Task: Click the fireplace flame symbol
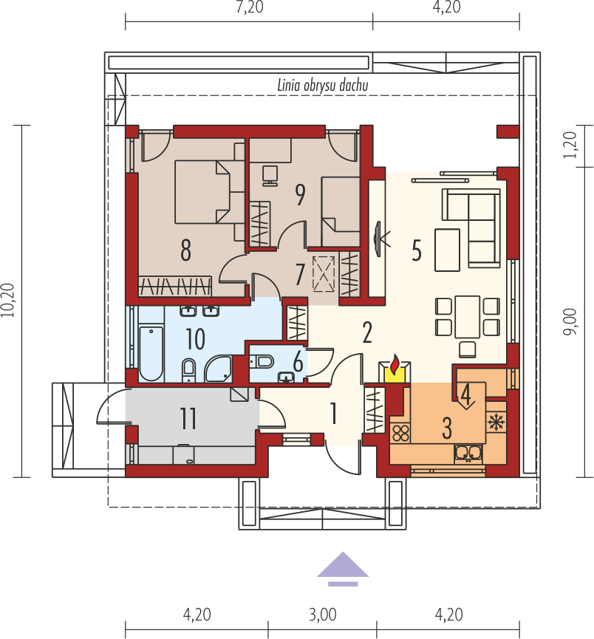tap(395, 365)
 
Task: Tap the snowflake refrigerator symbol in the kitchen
tap(496, 423)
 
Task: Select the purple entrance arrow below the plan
tap(343, 569)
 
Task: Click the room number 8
tap(185, 250)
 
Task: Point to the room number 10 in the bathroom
tap(195, 338)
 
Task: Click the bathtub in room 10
tap(151, 353)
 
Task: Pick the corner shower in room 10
tap(218, 369)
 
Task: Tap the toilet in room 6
tap(261, 361)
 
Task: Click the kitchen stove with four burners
tap(400, 434)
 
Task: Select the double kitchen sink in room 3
tap(468, 453)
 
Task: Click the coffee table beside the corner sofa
tap(447, 250)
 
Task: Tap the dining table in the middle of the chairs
tap(468, 317)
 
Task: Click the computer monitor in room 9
tap(270, 176)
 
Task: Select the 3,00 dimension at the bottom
tap(322, 615)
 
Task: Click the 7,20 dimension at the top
tap(250, 7)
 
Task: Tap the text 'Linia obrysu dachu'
tap(323, 85)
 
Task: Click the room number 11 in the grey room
tap(188, 418)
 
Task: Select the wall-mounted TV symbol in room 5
tap(380, 239)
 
